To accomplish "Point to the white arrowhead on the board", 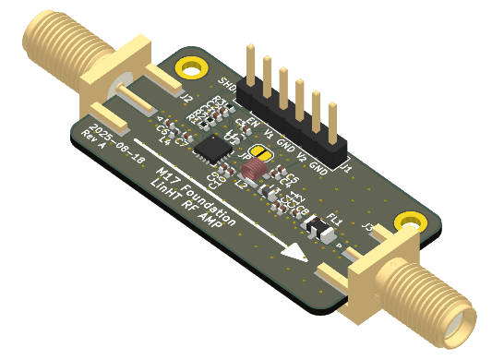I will (x=294, y=249).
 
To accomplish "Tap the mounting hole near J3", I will (x=405, y=222).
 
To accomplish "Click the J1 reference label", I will (x=346, y=168).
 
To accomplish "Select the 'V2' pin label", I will (x=302, y=153).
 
